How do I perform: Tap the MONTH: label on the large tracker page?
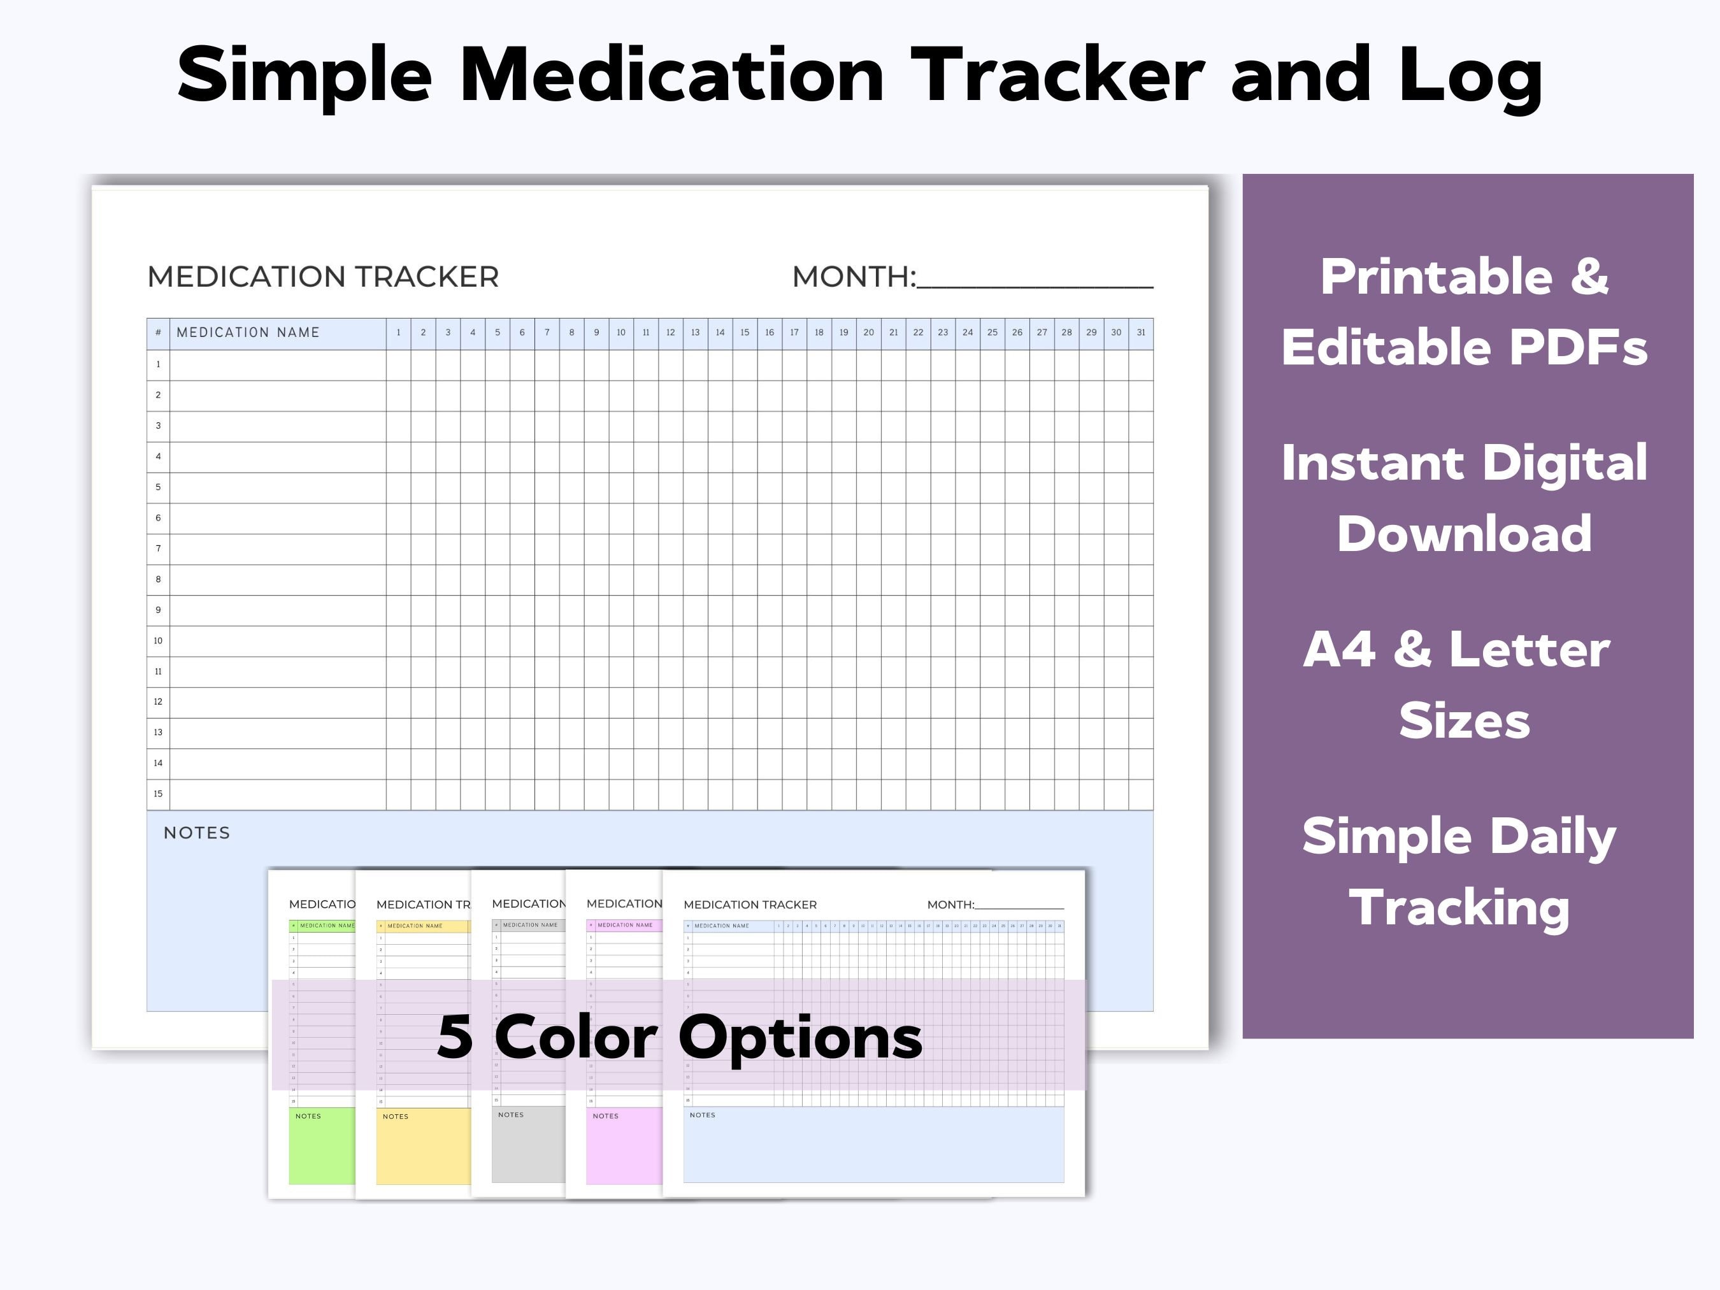854,277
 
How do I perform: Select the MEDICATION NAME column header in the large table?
248,333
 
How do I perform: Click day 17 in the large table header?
794,333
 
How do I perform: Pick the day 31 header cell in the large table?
1141,333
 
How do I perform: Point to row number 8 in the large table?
159,579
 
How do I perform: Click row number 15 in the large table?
159,794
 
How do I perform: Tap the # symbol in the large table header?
158,333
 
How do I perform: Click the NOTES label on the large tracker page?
197,833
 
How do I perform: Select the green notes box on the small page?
322,1151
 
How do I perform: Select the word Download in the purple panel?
1464,534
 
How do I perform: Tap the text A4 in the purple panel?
1339,649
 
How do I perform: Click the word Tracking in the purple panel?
1459,907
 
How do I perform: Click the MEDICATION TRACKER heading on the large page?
323,277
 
